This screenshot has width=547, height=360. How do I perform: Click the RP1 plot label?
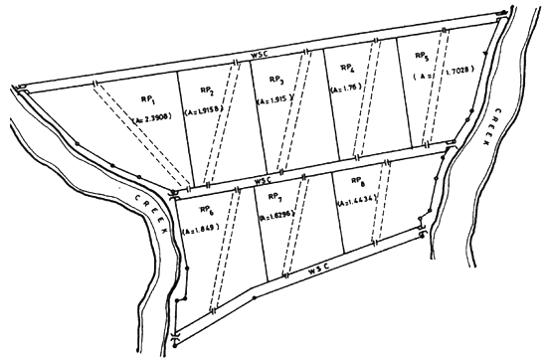(144, 100)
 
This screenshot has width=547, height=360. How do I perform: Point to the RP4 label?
(347, 68)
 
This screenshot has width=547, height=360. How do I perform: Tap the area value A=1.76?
(349, 87)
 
